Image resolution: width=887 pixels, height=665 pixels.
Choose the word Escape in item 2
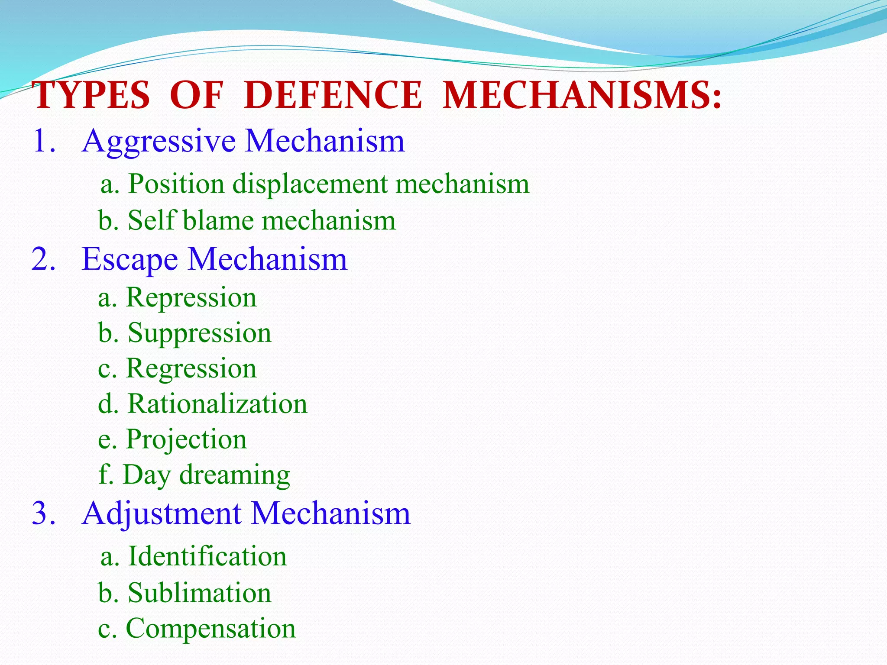point(129,260)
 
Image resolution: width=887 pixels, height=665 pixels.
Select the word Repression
point(191,298)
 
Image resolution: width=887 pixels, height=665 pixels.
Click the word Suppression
point(199,334)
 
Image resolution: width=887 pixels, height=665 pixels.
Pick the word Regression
point(191,369)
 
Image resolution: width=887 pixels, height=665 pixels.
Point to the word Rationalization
point(217,404)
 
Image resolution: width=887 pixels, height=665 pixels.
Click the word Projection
point(186,440)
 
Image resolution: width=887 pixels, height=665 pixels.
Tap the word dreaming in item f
point(234,475)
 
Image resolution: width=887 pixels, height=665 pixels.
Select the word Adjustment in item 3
point(162,514)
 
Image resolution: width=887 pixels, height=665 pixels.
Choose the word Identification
point(207,556)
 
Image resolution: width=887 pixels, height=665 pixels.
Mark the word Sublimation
point(199,593)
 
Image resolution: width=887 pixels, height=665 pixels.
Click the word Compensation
point(210,629)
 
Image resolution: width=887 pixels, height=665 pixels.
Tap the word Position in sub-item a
point(176,184)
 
